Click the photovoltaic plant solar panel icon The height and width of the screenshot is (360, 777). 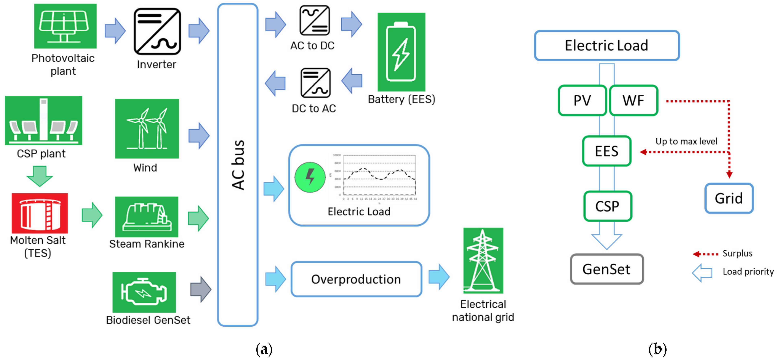65,26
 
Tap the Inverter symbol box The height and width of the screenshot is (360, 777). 157,31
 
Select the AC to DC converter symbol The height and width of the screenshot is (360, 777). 314,21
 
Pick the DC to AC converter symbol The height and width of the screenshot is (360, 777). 315,83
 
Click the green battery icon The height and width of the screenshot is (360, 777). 401,52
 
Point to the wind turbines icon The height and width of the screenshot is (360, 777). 147,129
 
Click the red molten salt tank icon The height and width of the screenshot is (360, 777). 40,213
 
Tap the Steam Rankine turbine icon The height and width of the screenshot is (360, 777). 147,217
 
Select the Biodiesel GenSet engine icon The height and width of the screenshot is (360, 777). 144,292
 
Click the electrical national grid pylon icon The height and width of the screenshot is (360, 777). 483,260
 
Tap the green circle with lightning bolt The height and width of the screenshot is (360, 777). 310,177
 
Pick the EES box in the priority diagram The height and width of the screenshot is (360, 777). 607,151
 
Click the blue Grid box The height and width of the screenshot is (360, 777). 729,198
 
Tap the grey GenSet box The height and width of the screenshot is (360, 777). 607,269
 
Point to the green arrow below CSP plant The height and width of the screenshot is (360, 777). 40,176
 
